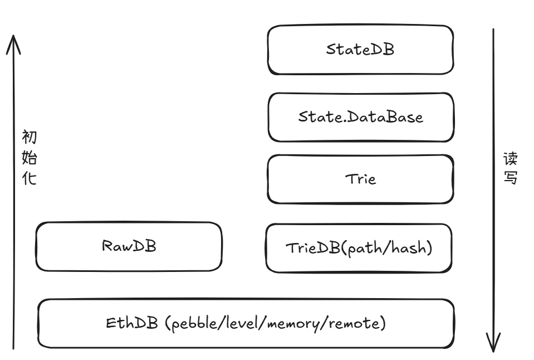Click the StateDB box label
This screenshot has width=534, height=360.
point(360,50)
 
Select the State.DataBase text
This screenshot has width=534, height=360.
point(361,117)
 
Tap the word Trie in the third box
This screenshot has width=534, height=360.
point(361,179)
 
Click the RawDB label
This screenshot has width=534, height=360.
point(129,246)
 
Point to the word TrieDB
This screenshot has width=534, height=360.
point(313,248)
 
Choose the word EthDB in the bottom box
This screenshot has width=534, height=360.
point(132,323)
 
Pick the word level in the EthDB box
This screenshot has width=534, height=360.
point(242,323)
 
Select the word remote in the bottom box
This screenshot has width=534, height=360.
point(355,323)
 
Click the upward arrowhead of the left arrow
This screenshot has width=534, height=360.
point(13,36)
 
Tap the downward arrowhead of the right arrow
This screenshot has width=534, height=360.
point(493,351)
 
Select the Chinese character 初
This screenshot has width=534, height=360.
point(30,138)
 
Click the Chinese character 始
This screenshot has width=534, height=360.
point(30,158)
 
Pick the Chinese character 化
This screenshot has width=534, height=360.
point(30,178)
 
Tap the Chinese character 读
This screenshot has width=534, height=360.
point(511,159)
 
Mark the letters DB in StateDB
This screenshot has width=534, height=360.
point(382,49)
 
